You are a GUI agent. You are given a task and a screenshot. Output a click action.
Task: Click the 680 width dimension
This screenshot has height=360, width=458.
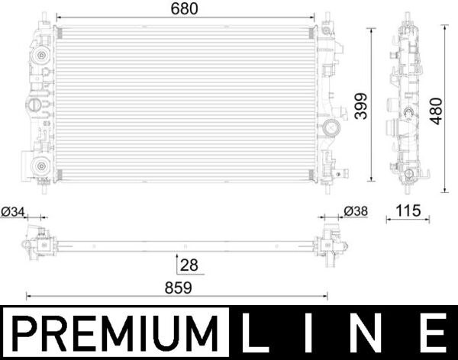(184, 9)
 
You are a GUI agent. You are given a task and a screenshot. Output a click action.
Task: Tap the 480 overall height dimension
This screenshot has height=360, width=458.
(435, 108)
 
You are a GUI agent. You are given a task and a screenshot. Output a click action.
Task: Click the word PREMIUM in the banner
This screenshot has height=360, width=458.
(114, 333)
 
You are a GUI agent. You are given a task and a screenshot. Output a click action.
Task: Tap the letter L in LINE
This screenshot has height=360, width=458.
(257, 333)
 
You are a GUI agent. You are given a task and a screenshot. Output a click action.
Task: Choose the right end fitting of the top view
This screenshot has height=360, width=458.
(330, 243)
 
